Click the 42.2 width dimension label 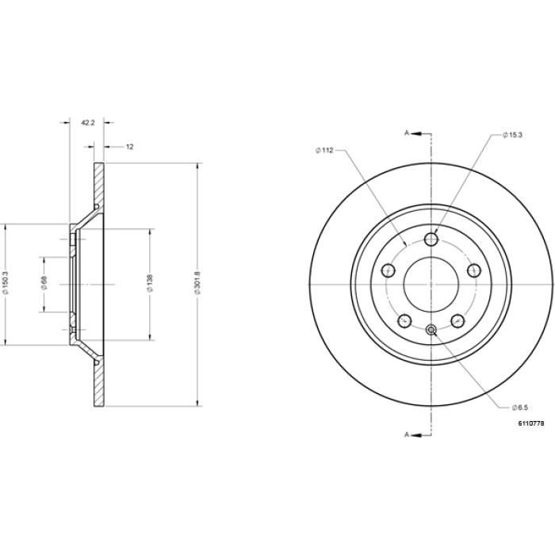pos(88,122)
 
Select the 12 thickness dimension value pos(130,147)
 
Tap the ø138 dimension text pos(150,283)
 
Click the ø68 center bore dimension pos(44,283)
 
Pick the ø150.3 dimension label pos(5,282)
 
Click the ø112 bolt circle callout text pos(324,151)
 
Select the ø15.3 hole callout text pos(512,135)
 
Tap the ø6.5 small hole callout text pos(519,408)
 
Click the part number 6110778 pos(531,423)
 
